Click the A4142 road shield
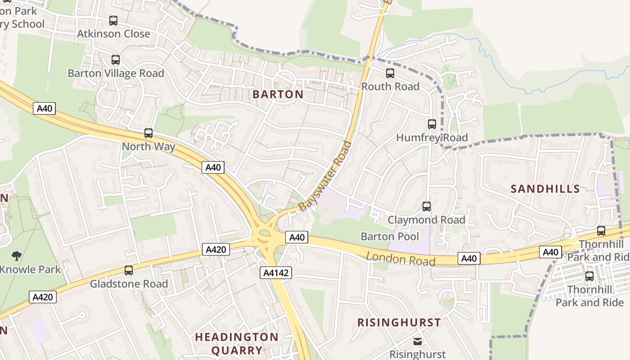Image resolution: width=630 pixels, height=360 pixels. tap(276, 272)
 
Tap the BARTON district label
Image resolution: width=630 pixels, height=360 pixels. tap(278, 94)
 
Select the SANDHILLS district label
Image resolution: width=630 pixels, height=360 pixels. tap(545, 189)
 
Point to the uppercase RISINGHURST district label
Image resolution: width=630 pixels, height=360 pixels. tap(399, 322)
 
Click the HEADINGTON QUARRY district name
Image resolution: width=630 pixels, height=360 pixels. tap(237, 343)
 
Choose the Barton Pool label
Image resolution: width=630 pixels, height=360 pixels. tap(390, 236)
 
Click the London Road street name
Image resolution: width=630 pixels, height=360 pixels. tap(400, 259)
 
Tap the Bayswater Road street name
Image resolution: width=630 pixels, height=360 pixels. tap(324, 176)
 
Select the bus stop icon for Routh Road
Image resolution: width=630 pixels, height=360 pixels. tap(390, 73)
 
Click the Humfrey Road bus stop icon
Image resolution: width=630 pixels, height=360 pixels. tap(432, 124)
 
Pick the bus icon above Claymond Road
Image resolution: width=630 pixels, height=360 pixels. tap(427, 207)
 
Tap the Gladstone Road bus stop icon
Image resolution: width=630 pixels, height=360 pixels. tap(129, 270)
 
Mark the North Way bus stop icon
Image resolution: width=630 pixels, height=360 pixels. tap(148, 133)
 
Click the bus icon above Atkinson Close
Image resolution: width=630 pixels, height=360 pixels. tap(113, 20)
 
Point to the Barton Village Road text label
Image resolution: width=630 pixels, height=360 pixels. tap(116, 73)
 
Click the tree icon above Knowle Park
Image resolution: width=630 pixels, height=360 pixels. tap(17, 256)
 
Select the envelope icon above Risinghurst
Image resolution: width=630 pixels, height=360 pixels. tap(418, 342)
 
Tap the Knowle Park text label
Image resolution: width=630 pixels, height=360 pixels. tap(30, 270)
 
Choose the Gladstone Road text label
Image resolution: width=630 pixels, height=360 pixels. tap(129, 284)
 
